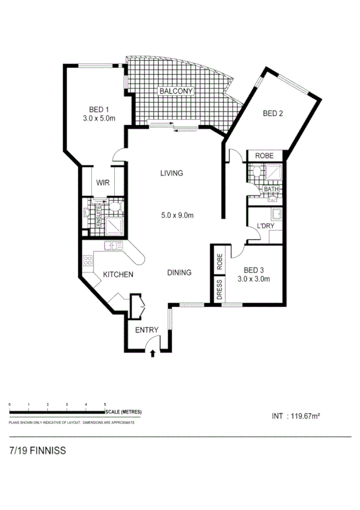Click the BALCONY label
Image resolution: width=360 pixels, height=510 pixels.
tap(175, 91)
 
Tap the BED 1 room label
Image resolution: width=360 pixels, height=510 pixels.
tap(99, 109)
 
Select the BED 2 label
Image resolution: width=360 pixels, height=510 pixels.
tap(273, 114)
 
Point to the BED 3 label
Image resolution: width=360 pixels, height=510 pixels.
tap(253, 270)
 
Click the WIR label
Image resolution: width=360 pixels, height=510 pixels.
tap(103, 182)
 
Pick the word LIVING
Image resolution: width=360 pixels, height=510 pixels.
tap(171, 174)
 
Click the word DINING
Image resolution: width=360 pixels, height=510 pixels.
tap(179, 273)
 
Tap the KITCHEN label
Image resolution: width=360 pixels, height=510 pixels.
tap(118, 275)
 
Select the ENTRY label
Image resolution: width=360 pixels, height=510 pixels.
tap(147, 330)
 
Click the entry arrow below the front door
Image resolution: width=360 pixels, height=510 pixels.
tap(152, 353)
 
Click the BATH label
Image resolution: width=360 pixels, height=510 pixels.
tap(272, 189)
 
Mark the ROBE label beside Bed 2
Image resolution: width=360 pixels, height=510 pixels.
tap(264, 156)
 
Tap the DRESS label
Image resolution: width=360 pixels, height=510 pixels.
tap(219, 290)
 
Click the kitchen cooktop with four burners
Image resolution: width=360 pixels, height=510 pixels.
tap(88, 261)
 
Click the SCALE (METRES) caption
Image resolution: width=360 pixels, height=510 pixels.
tap(123, 411)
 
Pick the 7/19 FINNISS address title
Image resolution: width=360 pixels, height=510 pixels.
tap(37, 450)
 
